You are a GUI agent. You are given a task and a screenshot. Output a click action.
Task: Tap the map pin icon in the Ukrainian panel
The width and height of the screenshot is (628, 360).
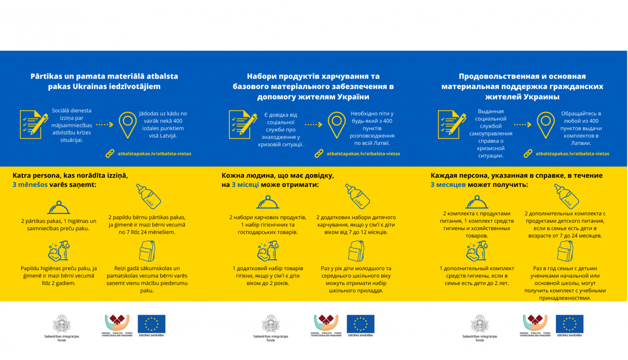pos(337,125)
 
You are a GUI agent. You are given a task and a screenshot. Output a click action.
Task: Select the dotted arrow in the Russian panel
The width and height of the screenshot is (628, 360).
pos(522,124)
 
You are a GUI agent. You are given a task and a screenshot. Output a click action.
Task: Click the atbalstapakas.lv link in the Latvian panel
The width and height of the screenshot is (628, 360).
pos(154,154)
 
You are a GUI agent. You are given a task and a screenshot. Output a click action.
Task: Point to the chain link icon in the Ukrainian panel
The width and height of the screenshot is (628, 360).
pos(319,154)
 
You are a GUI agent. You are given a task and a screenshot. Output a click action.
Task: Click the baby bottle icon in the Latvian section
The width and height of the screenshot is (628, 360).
pos(149,196)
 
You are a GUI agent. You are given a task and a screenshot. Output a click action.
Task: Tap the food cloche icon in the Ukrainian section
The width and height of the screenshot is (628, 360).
pos(268,203)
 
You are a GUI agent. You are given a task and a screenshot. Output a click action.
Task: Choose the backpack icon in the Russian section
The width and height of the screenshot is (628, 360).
pos(565,251)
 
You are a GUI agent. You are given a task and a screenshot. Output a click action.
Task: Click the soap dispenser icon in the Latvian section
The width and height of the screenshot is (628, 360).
pos(59,251)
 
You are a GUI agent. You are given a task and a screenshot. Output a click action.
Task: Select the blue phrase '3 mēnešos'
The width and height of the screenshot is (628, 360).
pos(30,185)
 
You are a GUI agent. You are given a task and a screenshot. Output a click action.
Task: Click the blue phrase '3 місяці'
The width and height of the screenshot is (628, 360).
pos(245,185)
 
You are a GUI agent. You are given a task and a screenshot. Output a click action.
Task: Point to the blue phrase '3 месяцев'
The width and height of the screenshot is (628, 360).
pos(448,185)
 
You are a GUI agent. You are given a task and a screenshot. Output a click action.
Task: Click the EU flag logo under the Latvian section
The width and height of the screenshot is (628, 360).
pos(152,324)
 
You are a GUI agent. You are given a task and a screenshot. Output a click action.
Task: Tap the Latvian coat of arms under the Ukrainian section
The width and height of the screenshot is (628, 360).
pos(270,324)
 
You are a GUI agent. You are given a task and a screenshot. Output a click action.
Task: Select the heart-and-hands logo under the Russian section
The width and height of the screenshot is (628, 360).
pos(535,323)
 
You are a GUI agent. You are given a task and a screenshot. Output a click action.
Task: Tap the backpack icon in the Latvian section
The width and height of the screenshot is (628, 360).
pos(147,251)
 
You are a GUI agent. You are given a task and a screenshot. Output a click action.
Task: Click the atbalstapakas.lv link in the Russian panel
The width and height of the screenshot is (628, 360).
pos(572,154)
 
